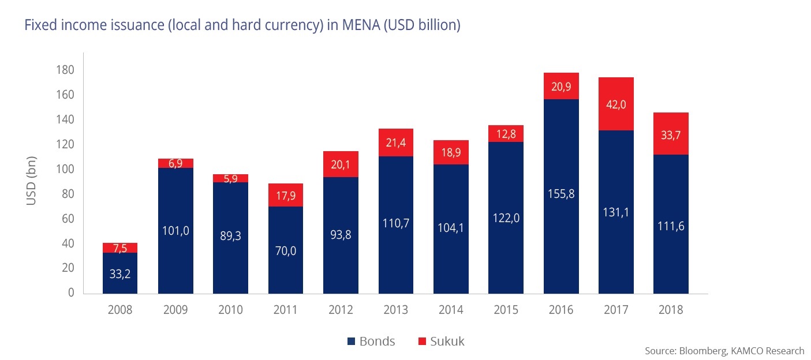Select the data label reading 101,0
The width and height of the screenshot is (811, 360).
point(175,231)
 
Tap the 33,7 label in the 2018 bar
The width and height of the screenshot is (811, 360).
point(671,135)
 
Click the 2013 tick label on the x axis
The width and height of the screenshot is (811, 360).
point(395,310)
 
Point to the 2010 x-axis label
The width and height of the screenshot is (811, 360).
point(230,310)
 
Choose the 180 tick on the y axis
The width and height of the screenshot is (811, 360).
point(65,70)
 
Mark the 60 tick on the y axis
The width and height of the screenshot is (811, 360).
point(68,219)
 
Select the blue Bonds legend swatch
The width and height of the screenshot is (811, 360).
point(351,342)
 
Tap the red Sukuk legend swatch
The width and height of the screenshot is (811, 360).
point(420,342)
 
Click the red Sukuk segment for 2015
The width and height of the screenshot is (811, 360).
point(506,133)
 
